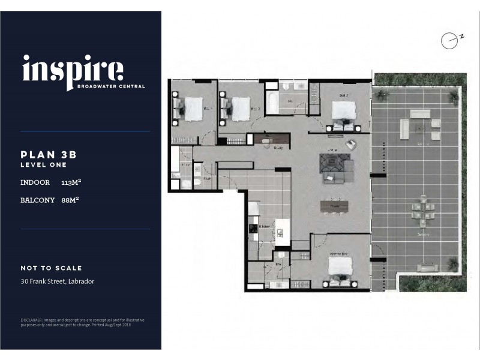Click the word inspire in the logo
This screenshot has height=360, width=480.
pos(73,71)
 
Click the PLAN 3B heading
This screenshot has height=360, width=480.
pos(49,154)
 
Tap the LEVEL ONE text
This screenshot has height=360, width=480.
pos(43,164)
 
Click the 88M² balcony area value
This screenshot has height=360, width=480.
pos(71,200)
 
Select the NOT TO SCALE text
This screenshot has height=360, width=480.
pos(51,268)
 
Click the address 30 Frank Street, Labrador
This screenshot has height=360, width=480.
pos(57,281)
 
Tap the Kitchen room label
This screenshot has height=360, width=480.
pos(264,226)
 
